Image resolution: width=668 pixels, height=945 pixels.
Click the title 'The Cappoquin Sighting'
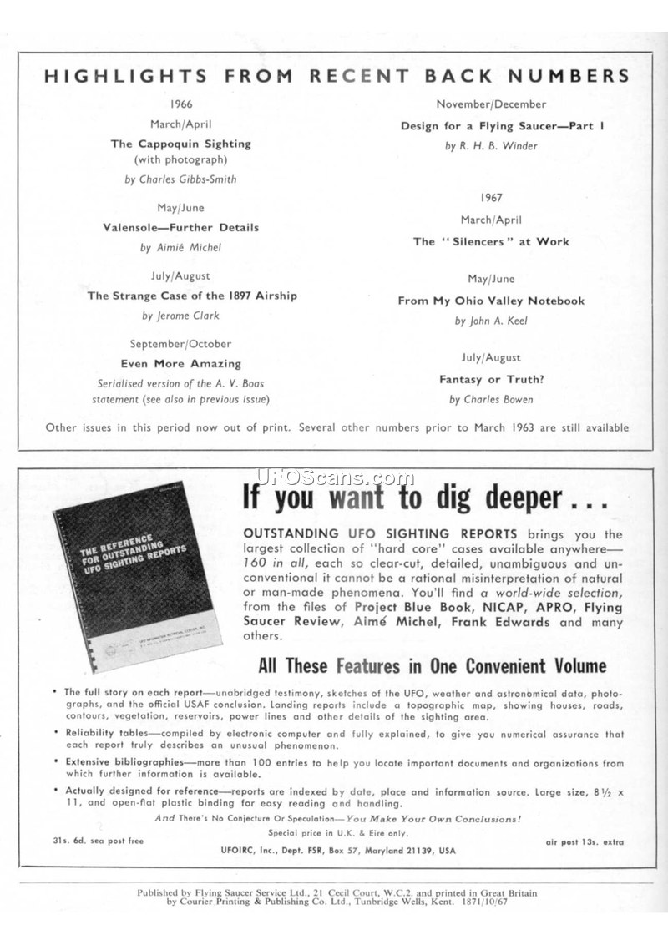(181, 144)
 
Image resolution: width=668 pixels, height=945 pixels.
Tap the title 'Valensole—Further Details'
(181, 227)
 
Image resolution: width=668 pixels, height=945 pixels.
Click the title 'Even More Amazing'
(181, 364)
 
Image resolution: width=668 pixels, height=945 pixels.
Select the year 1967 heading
(491, 198)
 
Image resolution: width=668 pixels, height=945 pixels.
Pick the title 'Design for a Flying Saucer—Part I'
(503, 126)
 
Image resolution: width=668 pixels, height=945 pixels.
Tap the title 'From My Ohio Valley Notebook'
(491, 301)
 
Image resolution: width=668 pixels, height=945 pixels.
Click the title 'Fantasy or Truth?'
(492, 379)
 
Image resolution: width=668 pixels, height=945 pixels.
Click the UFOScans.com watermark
(335, 478)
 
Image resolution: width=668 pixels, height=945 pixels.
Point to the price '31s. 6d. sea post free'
(93, 840)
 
